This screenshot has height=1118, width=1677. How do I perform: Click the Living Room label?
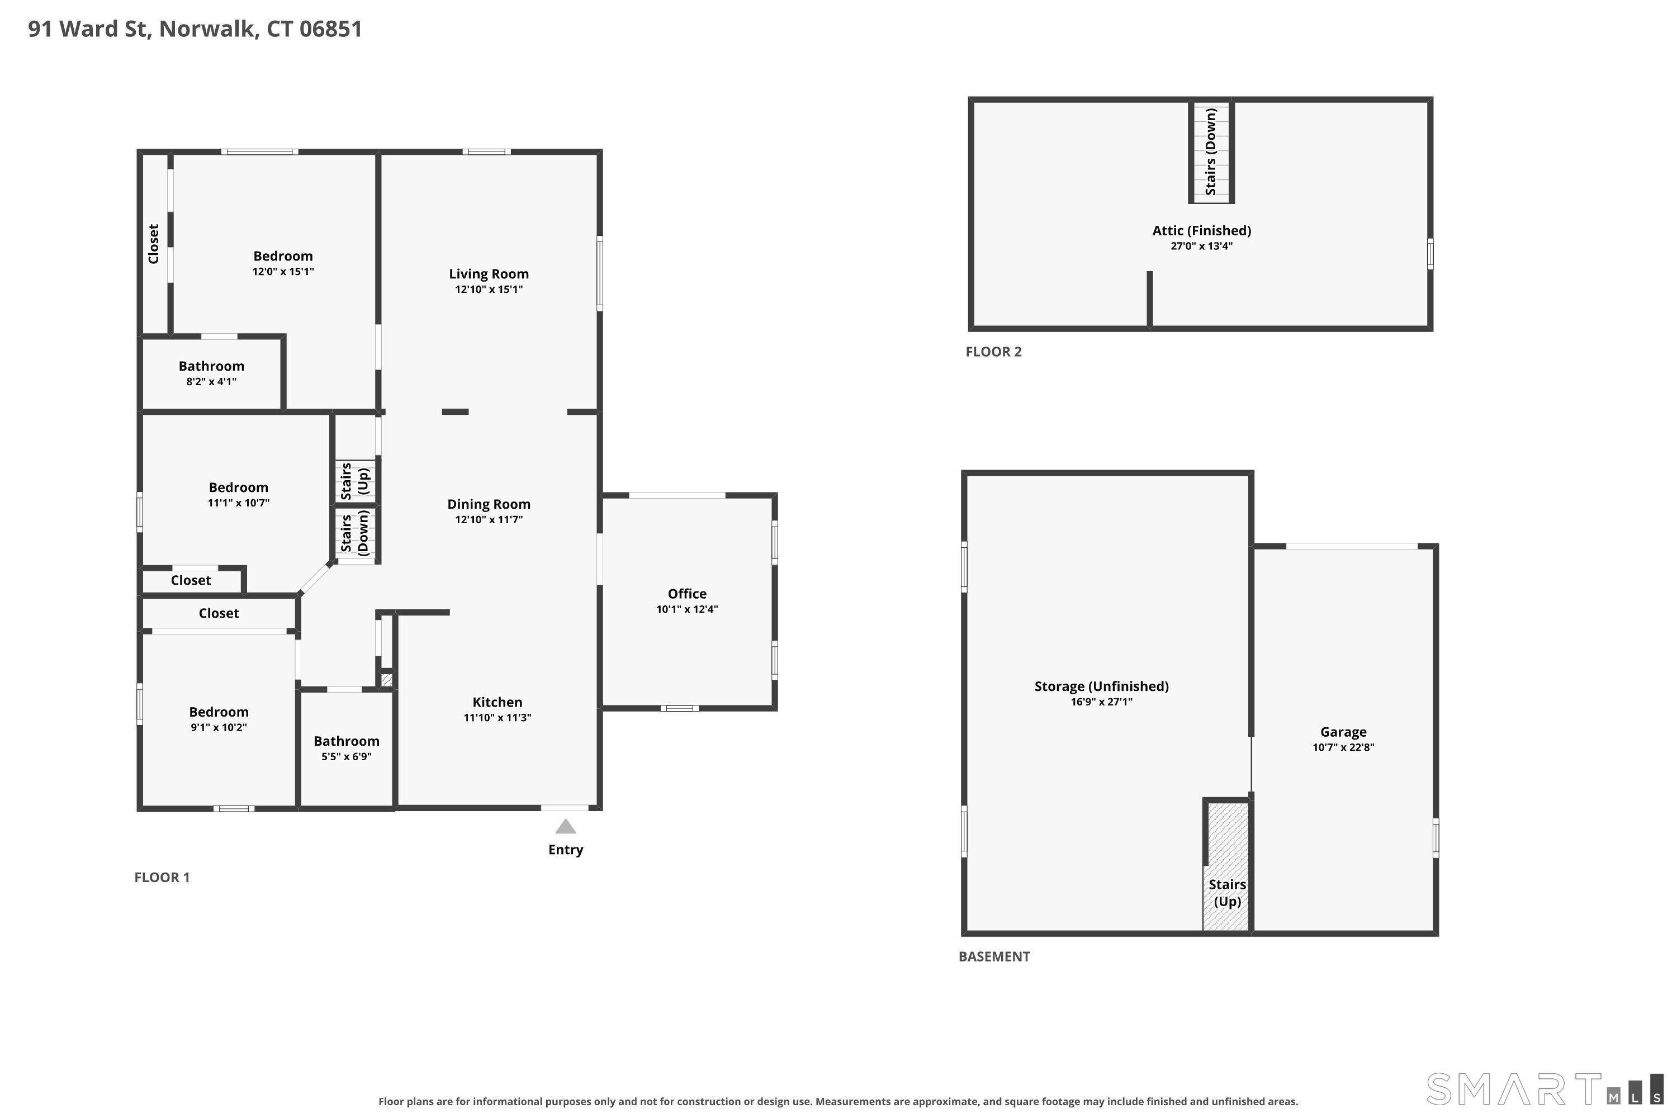tap(489, 274)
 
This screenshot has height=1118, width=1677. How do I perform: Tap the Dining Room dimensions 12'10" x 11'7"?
tap(489, 519)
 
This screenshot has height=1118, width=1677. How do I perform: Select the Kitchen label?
tap(497, 702)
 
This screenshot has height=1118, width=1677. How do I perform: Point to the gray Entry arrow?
tap(565, 826)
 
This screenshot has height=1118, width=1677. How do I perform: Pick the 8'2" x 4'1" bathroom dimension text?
tap(211, 381)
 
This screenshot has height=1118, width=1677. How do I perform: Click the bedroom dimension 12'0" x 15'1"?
tap(283, 272)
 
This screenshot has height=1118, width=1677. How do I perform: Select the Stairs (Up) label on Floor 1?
tap(354, 481)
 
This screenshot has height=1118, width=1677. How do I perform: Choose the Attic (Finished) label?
tap(1201, 230)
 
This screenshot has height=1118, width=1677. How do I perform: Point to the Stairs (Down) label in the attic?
tap(1211, 151)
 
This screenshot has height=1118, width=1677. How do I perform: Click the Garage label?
tap(1343, 732)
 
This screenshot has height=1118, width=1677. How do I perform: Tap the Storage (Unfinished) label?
tap(1102, 686)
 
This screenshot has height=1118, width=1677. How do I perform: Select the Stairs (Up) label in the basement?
tap(1227, 893)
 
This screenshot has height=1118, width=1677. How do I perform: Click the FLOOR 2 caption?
tap(993, 352)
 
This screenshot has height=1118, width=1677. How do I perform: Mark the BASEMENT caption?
tap(994, 957)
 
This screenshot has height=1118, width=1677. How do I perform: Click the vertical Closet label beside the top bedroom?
tap(153, 244)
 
